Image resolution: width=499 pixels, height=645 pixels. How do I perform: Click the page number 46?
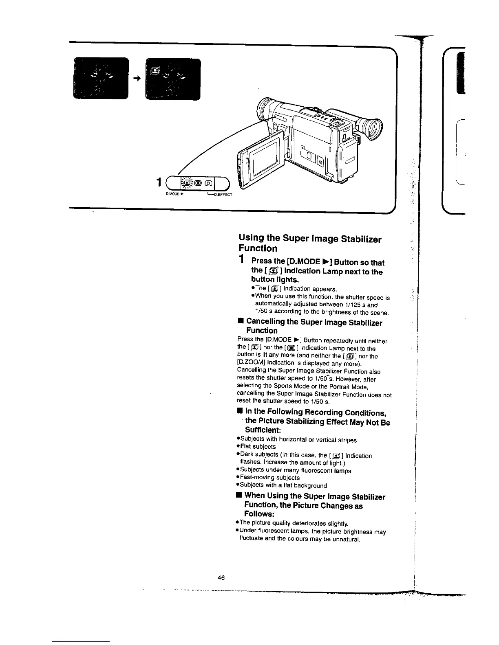[x=221, y=577]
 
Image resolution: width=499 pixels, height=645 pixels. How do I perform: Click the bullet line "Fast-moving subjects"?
[x=269, y=478]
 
